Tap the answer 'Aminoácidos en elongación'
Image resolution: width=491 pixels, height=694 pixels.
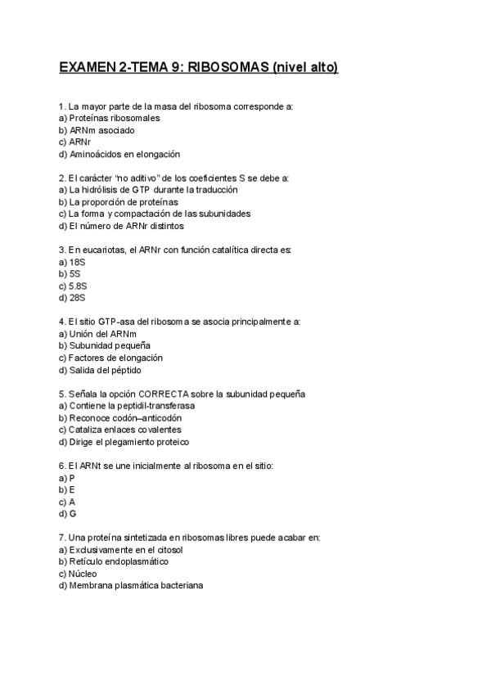(119, 154)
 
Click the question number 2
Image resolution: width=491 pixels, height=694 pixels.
(62, 178)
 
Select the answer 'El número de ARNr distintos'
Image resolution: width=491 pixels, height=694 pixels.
(121, 225)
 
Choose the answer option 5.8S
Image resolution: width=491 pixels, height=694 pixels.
(73, 286)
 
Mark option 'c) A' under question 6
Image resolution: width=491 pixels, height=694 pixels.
(67, 502)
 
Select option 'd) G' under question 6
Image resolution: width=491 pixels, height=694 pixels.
(67, 513)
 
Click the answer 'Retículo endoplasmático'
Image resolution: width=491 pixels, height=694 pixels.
(114, 561)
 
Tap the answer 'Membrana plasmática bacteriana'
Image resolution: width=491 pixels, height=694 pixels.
(130, 586)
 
